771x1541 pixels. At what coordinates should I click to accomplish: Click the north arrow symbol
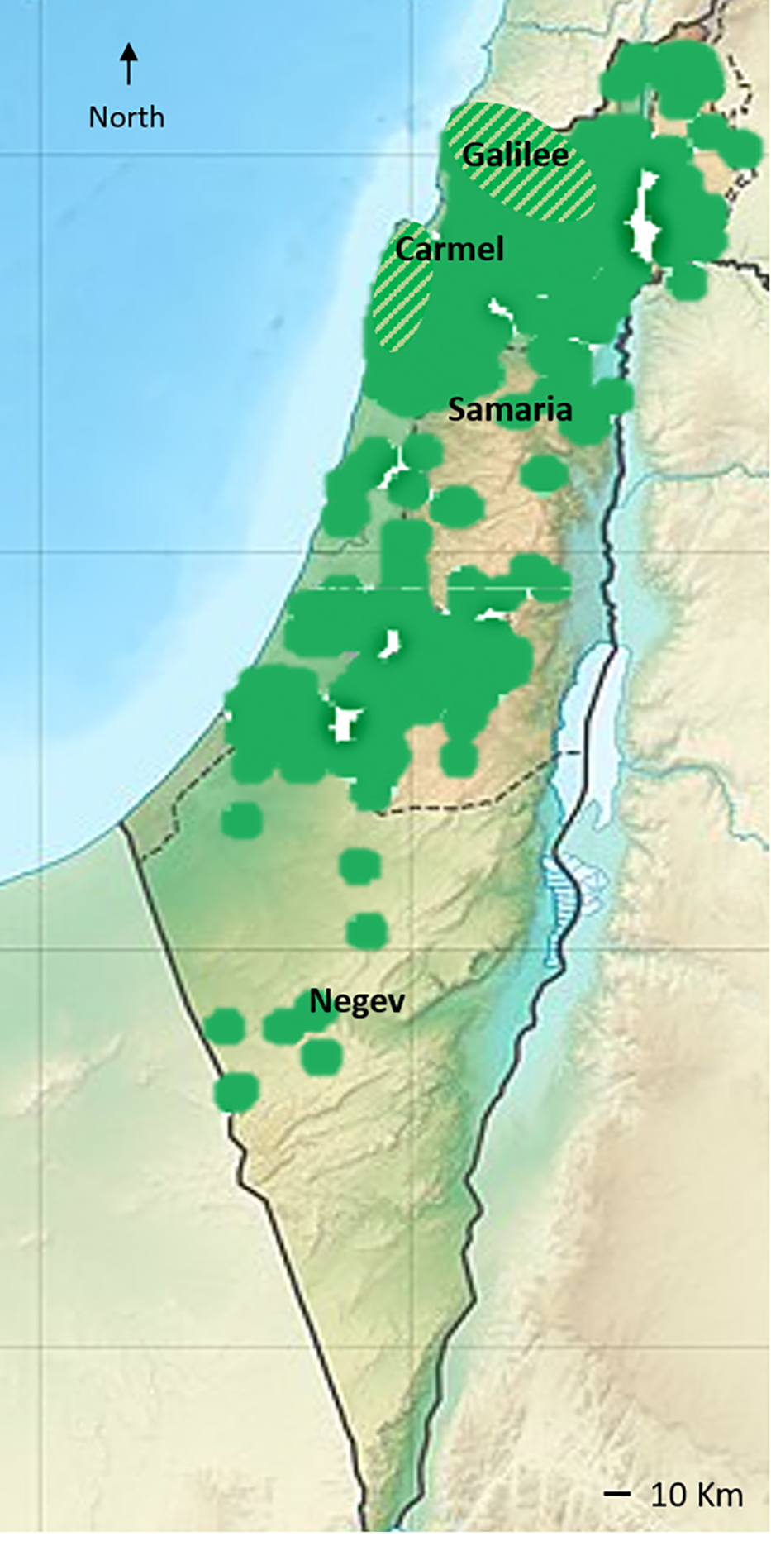129,64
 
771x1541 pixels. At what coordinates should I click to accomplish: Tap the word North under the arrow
126,117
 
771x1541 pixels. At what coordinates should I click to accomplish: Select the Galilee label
516,155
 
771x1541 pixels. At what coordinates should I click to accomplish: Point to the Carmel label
450,249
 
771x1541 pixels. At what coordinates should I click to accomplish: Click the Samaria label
510,409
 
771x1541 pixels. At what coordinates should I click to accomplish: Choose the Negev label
357,1001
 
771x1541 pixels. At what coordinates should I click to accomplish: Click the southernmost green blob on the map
236,1091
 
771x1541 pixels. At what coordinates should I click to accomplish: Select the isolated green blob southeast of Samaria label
543,473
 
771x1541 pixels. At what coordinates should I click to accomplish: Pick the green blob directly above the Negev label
366,931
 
